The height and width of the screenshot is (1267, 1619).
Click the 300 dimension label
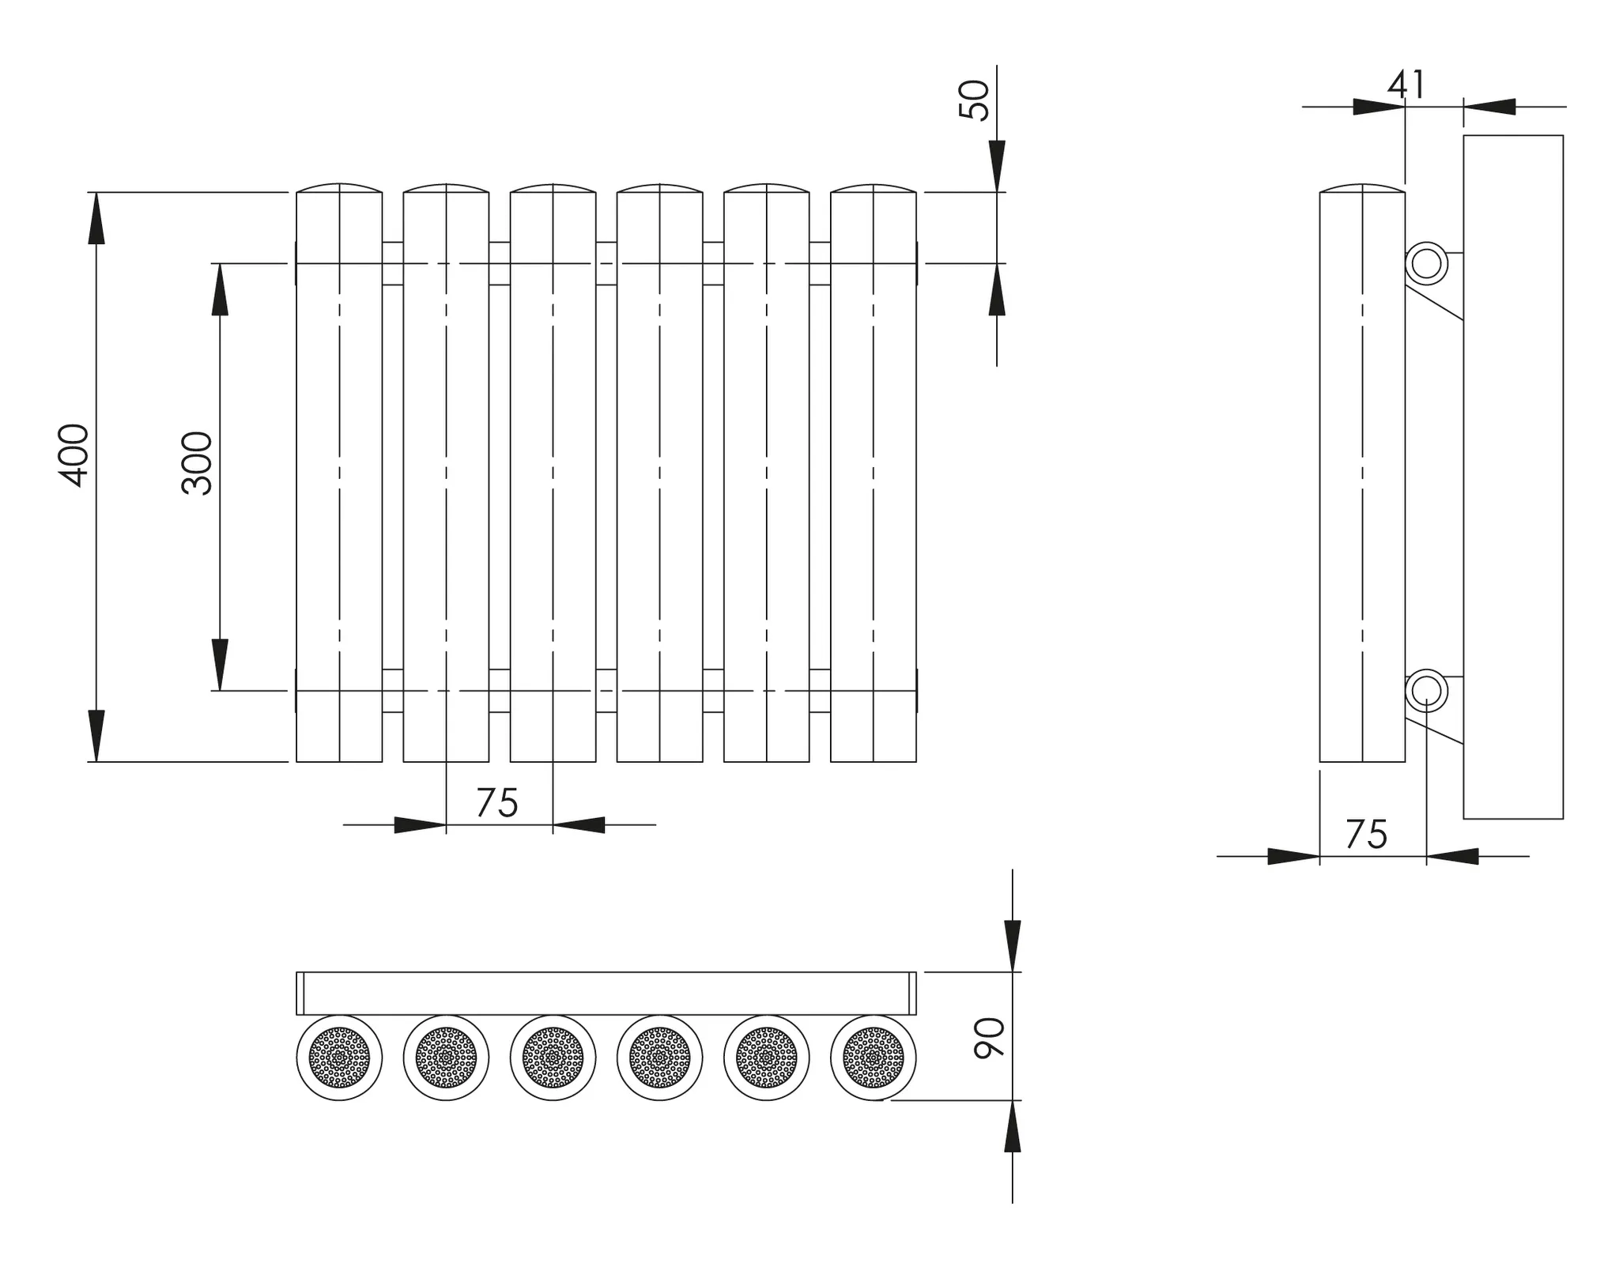coord(197,463)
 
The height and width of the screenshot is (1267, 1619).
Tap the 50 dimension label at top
coord(973,100)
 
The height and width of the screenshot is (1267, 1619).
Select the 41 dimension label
coord(1407,85)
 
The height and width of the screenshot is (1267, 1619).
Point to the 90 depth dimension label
coord(989,1038)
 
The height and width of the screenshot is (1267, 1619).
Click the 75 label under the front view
coord(496,803)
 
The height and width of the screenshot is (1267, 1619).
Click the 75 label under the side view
coord(1366,835)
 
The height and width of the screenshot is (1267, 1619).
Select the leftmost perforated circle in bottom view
coord(339,1058)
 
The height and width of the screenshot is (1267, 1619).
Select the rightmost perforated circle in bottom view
coord(874,1058)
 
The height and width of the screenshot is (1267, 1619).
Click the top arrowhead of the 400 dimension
coord(96,217)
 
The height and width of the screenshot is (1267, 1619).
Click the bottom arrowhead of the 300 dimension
coord(220,665)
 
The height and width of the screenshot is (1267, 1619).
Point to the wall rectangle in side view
coord(1513,477)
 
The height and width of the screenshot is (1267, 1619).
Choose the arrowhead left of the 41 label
coord(1379,107)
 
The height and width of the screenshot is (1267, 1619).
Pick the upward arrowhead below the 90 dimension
coord(1013,1126)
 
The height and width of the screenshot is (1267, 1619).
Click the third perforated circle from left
coord(553,1058)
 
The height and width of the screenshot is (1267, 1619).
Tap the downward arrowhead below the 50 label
coord(997,166)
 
